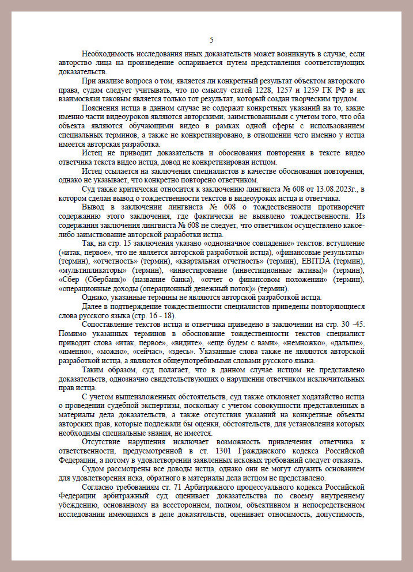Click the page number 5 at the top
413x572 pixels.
coord(211,40)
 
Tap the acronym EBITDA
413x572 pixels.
coord(313,261)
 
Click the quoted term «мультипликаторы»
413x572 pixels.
coord(93,270)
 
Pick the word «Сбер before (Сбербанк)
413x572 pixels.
coord(70,279)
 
